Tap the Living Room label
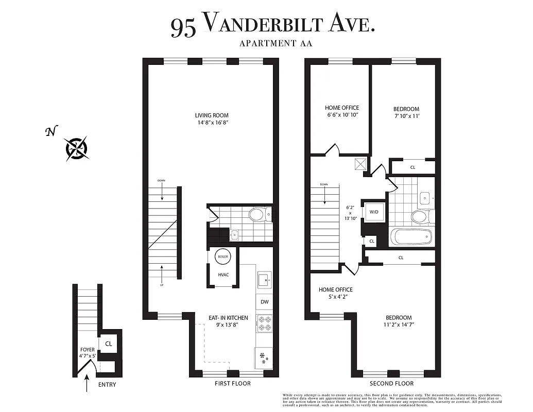coord(212,115)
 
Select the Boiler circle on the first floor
coord(223,256)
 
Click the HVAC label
coord(223,274)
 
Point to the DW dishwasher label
coord(264,302)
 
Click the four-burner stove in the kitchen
coord(264,323)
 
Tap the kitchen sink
coord(264,280)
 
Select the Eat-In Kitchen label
coord(229,318)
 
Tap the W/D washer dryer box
coord(374,211)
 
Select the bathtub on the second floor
coord(410,238)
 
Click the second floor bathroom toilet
coord(419,216)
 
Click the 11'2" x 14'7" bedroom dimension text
coord(399,325)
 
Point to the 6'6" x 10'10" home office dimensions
coord(341,115)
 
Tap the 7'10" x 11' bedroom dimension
coord(406,116)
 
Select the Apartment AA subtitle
coord(276,43)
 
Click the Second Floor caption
coord(391,384)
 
